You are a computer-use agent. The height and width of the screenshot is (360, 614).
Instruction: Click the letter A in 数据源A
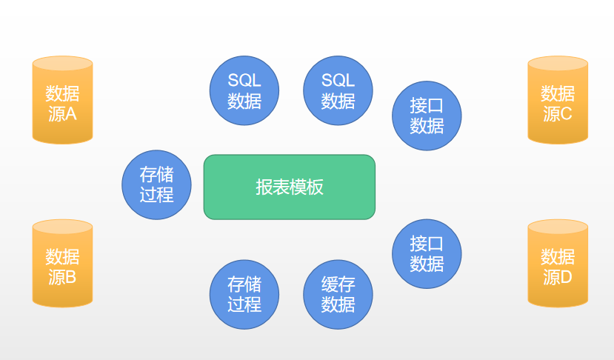click(x=71, y=114)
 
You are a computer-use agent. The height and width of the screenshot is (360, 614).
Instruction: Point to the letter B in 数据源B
click(x=71, y=278)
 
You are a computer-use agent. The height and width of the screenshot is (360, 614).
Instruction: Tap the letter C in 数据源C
click(x=567, y=114)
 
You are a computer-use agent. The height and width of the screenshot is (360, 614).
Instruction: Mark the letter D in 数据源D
click(x=567, y=278)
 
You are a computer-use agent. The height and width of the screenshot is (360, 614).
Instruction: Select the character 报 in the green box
click(x=264, y=187)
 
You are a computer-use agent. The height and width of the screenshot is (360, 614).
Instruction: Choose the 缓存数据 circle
click(x=338, y=294)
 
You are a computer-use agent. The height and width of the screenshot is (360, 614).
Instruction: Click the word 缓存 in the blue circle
click(x=338, y=284)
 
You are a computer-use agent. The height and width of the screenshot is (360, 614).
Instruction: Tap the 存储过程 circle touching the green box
click(x=156, y=184)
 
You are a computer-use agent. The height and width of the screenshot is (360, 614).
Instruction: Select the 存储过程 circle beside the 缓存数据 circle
click(x=244, y=294)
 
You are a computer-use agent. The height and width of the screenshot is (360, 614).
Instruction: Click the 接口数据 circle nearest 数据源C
click(x=427, y=116)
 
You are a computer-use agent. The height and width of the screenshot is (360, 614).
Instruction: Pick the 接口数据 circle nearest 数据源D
click(x=427, y=254)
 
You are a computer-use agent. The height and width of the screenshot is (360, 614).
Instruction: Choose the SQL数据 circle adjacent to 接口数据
click(x=338, y=90)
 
